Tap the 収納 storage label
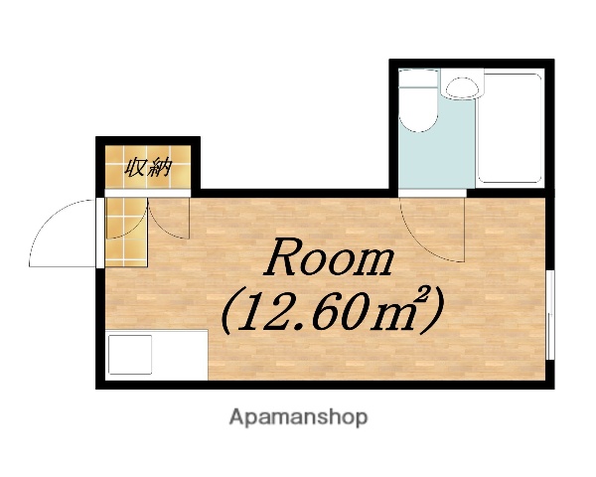[148, 167]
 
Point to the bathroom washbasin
[460, 88]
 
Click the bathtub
[509, 126]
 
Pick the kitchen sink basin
[129, 356]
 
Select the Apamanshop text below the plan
[299, 417]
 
